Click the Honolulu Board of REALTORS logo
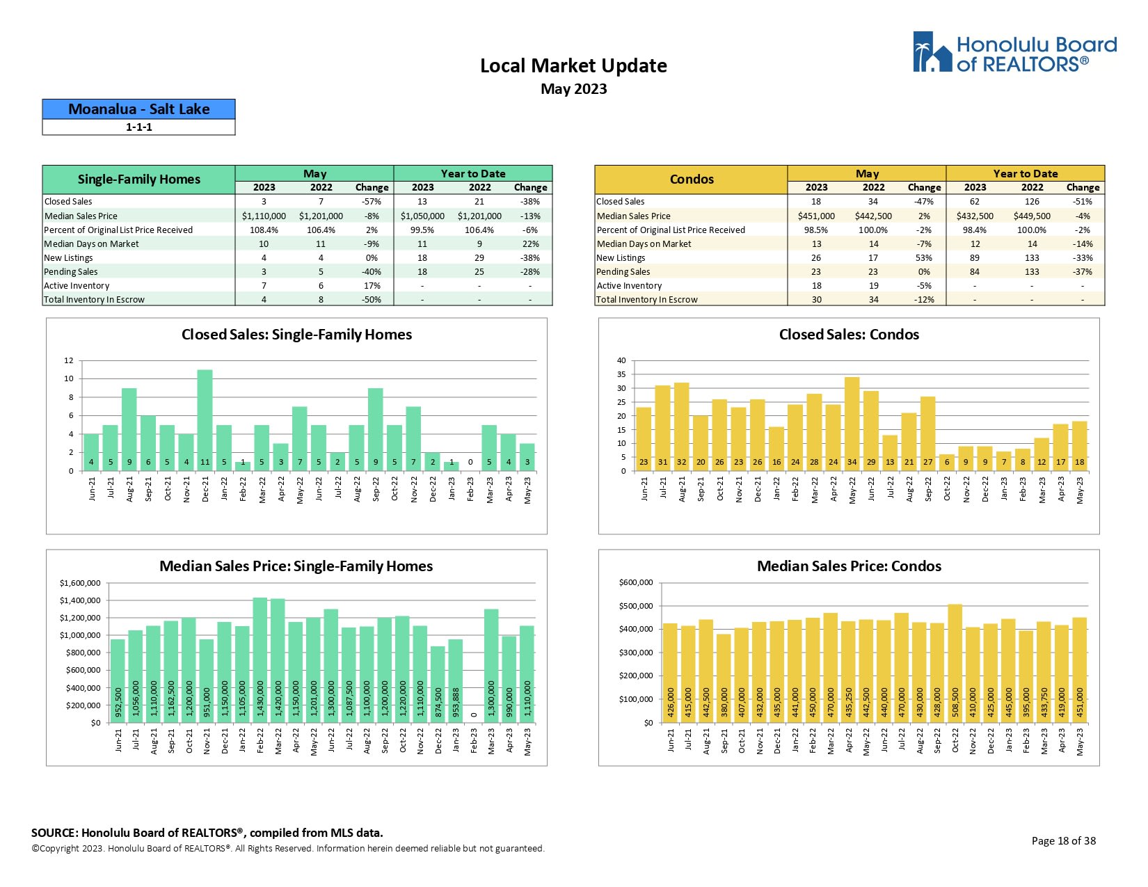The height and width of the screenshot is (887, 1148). point(1014,52)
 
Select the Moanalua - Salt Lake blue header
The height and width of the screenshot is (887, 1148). point(138,109)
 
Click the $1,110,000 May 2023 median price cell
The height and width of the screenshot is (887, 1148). point(264,216)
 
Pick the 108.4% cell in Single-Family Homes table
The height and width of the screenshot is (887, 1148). point(264,230)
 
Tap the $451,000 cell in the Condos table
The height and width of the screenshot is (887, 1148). point(816,216)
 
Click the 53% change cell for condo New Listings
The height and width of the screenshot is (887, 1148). point(924,258)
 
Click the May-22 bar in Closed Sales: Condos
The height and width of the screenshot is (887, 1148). point(852,424)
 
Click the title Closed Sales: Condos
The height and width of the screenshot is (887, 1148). point(849,335)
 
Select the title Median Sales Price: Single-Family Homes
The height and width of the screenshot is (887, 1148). point(296,566)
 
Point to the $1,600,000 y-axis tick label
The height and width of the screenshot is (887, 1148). point(80,583)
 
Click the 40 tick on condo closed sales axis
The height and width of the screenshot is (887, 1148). point(621,360)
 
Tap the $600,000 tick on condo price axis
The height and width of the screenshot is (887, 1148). point(636,582)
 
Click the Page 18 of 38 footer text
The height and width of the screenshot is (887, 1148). point(1063,840)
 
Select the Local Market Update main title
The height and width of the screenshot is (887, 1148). point(573,66)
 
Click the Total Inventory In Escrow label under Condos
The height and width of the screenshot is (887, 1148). point(647,300)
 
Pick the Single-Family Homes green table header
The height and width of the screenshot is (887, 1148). point(138,179)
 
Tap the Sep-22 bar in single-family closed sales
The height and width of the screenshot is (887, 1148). point(376,429)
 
